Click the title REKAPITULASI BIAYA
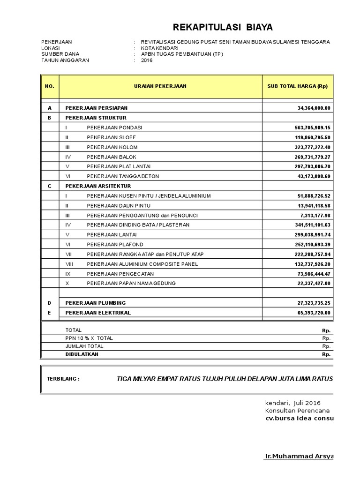point(223,27)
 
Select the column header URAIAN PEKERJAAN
point(160,86)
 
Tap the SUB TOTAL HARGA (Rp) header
point(297,86)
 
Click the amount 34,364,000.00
point(314,108)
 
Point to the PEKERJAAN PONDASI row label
point(114,127)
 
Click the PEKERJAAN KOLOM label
point(112,147)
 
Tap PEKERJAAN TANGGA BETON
point(123,176)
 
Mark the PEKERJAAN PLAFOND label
point(115,245)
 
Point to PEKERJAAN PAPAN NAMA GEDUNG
point(131,283)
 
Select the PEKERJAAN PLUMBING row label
point(96,303)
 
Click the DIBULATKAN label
point(82,354)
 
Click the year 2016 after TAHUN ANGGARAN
point(147,60)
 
